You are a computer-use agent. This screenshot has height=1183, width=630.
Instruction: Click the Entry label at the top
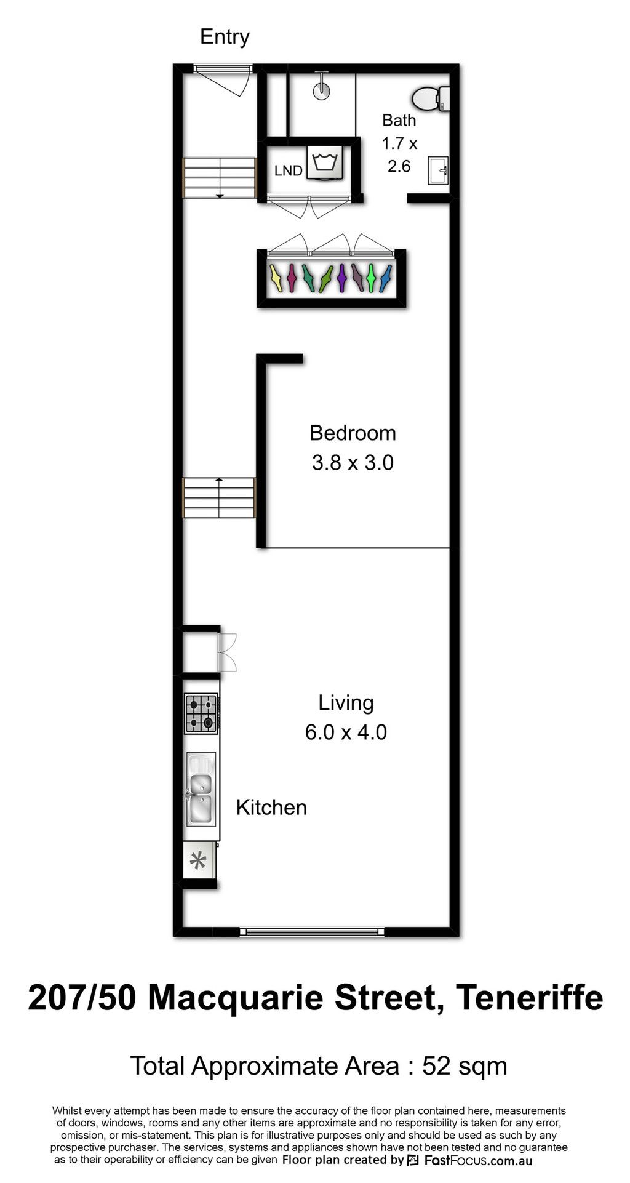click(225, 38)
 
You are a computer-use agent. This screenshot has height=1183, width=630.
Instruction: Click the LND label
click(289, 170)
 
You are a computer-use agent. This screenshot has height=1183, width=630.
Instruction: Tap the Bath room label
click(399, 120)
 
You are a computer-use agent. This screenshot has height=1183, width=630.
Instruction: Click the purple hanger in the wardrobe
click(341, 278)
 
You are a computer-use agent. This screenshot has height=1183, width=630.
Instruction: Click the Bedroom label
click(353, 433)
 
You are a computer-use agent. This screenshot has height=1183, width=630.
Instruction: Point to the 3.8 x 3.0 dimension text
click(353, 462)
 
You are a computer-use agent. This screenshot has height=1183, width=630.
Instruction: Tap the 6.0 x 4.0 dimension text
click(346, 732)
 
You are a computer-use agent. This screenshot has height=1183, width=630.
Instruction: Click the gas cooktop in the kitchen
click(202, 713)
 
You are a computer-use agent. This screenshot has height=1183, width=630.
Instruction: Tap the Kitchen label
click(271, 808)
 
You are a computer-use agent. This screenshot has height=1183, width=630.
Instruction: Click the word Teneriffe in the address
click(530, 998)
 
